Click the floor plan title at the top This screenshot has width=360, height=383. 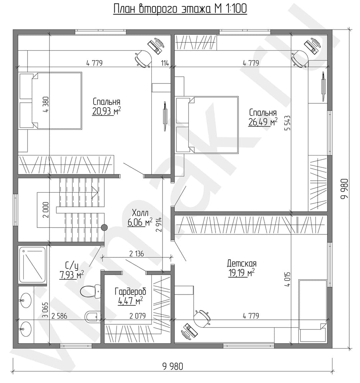click(x=180, y=9)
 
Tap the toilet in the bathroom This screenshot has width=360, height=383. click(x=90, y=291)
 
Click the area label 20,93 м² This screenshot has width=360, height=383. click(x=106, y=111)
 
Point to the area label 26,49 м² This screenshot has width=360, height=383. click(x=263, y=122)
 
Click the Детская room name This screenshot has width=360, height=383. click(x=242, y=264)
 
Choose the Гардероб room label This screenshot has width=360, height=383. click(x=130, y=291)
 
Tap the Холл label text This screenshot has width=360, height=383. click(x=140, y=213)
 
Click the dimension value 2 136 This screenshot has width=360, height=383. click(x=136, y=254)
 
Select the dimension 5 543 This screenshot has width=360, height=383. click(x=288, y=123)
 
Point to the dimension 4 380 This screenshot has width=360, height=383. click(x=46, y=104)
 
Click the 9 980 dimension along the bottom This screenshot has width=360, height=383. click(x=173, y=367)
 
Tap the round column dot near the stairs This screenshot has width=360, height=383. click(x=104, y=228)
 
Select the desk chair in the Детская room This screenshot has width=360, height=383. click(x=202, y=318)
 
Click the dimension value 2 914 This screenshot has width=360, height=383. click(x=159, y=224)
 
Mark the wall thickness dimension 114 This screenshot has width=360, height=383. click(x=165, y=63)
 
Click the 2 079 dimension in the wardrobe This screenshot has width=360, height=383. click(x=138, y=316)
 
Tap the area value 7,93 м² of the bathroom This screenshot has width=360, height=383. click(x=71, y=275)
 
